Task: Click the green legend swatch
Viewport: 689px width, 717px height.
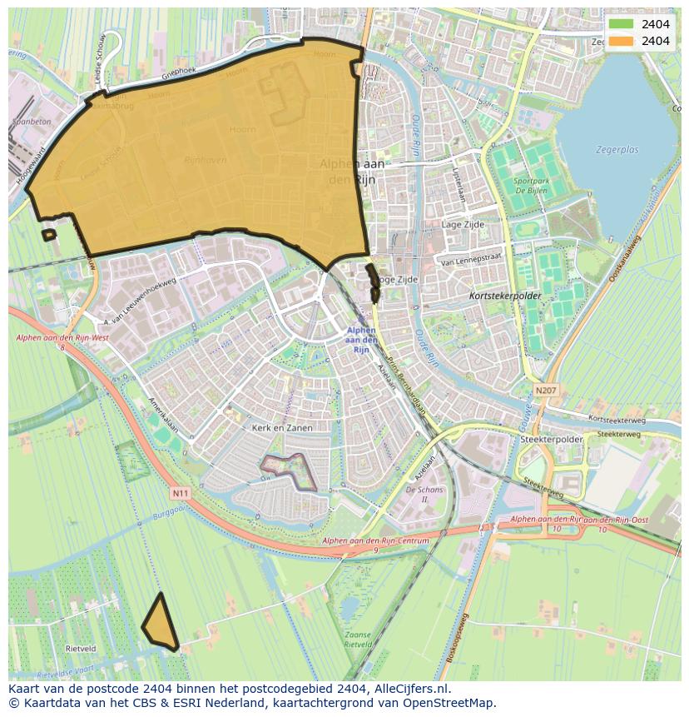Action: pyautogui.click(x=621, y=24)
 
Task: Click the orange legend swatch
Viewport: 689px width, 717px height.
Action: pyautogui.click(x=621, y=41)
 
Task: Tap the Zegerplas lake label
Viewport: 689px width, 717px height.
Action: pyautogui.click(x=617, y=150)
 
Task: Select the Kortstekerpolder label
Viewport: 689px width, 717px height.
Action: pyautogui.click(x=505, y=296)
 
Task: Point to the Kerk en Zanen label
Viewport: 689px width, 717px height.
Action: pyautogui.click(x=282, y=427)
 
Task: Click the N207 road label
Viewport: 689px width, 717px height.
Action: pyautogui.click(x=546, y=389)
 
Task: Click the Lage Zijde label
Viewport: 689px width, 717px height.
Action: pyautogui.click(x=463, y=225)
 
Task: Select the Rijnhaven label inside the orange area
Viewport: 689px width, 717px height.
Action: pyautogui.click(x=205, y=160)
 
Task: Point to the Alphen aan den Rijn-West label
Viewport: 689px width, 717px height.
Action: pyautogui.click(x=52, y=337)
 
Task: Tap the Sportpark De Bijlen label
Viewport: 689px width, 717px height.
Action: pyautogui.click(x=530, y=185)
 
